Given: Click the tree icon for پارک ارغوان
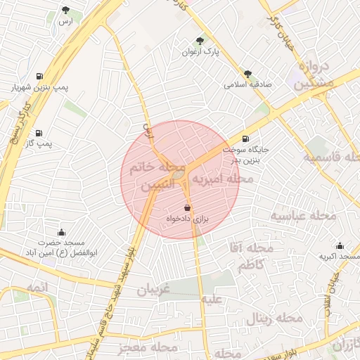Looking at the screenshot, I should pos(200,41).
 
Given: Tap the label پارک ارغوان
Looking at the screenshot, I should pos(201,52).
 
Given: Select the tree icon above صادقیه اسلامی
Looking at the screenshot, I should pos(247,73).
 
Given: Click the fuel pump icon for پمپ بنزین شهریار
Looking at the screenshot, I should pos(38,77).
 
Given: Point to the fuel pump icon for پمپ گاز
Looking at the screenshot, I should pos(38,132).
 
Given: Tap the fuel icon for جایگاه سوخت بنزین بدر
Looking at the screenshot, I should pos(245,139).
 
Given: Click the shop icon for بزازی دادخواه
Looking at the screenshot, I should pos(186,208).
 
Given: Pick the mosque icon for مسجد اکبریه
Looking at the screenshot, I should pos(340,245).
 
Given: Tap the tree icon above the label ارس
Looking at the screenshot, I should pos(65,11).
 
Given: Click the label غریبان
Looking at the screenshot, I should pos(154,289).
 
